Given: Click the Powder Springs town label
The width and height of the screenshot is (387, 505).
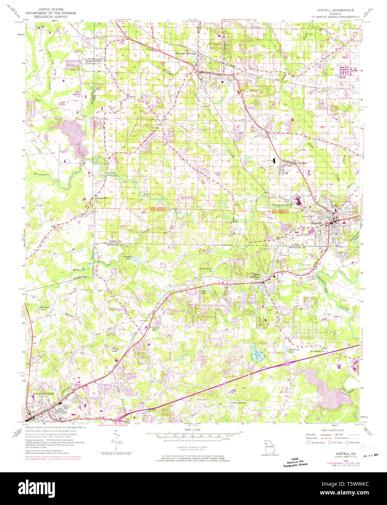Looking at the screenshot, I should pos(186,53).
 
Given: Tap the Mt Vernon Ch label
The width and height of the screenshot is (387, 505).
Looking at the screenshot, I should pos(317,351).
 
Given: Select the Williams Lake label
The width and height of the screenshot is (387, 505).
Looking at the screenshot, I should pos(292,351).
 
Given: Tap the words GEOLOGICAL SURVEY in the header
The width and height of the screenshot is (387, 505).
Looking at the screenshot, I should pos(51,17).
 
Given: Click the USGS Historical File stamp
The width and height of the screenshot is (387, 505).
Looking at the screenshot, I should pos(295,461).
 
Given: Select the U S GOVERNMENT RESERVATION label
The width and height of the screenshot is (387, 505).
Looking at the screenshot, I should pos(93,60).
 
